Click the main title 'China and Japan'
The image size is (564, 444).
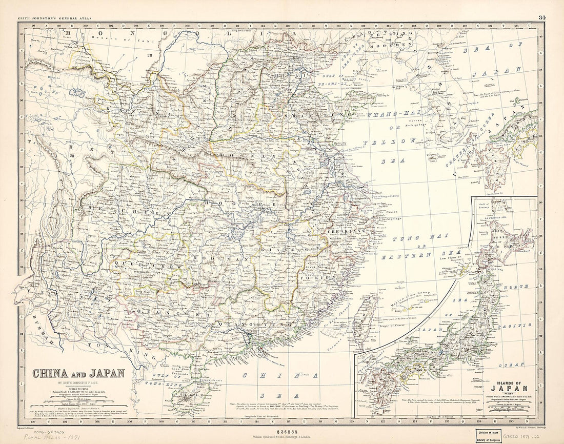coord(78,373)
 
